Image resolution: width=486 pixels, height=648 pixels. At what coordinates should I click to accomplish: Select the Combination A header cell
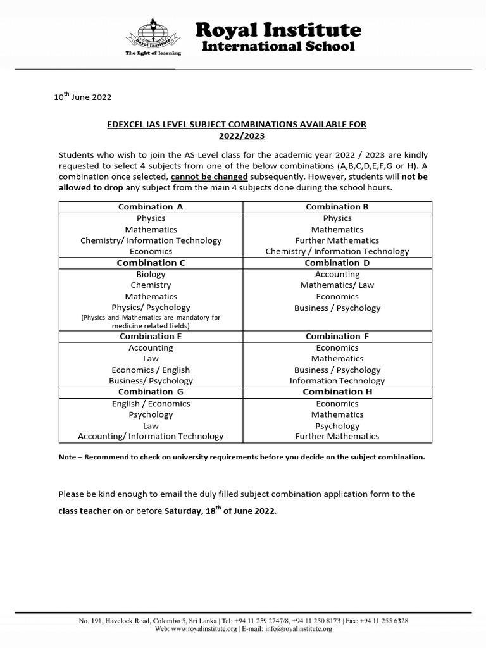(x=151, y=207)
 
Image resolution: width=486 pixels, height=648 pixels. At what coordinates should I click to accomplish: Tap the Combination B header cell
(x=337, y=207)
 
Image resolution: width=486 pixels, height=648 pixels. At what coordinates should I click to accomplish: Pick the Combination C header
(x=151, y=263)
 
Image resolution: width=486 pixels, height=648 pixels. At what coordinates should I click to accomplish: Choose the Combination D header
(x=337, y=263)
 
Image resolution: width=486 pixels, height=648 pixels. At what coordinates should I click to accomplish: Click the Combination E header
(x=151, y=337)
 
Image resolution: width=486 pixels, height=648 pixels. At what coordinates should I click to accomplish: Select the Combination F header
(x=337, y=337)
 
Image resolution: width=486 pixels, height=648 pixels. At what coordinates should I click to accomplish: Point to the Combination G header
(x=151, y=392)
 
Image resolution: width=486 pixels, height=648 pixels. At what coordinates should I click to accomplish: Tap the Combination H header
(x=337, y=392)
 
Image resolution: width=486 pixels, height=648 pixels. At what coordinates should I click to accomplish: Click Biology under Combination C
(x=151, y=274)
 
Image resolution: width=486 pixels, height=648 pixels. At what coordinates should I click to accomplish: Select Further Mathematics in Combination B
(x=337, y=240)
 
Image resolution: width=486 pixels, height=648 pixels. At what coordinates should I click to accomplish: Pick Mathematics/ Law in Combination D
(x=337, y=285)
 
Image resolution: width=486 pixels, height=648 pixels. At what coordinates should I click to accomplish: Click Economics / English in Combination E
(x=151, y=370)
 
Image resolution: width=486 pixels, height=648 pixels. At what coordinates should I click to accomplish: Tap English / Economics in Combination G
(x=151, y=404)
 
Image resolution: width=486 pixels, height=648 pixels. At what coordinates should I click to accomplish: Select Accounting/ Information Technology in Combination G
(x=151, y=436)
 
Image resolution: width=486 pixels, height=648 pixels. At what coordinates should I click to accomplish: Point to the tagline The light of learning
(x=153, y=53)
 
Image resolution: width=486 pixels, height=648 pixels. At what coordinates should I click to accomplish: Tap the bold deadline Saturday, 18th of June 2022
(x=220, y=511)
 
